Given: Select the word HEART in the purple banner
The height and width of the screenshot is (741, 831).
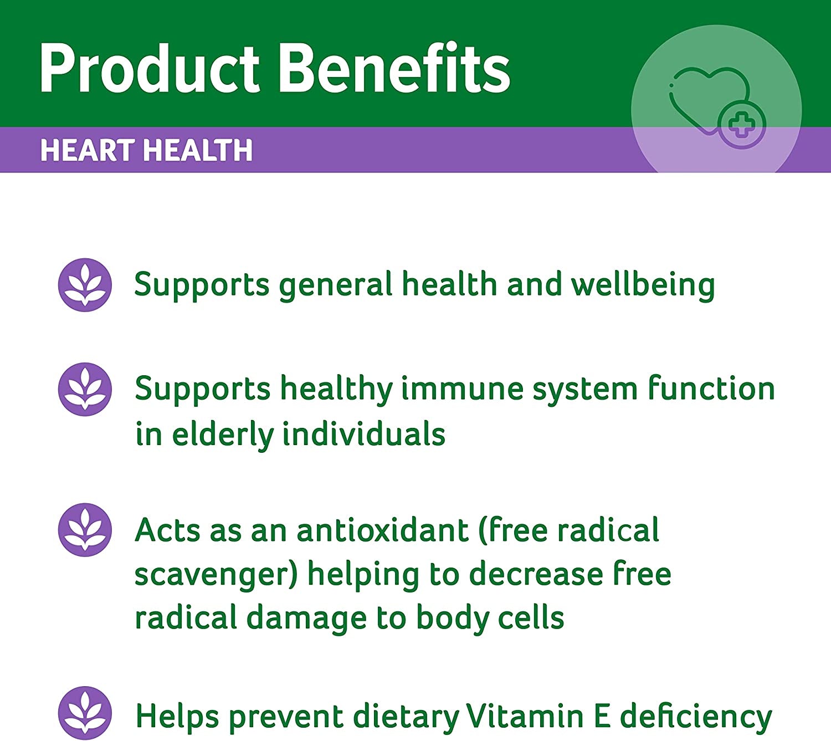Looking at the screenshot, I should coord(88,151).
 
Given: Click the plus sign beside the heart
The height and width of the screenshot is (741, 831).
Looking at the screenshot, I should coord(742,125).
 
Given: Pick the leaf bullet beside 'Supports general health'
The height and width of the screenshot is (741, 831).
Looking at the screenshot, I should coord(85,285).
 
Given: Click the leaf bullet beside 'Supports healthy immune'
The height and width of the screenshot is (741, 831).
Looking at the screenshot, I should coord(85,390).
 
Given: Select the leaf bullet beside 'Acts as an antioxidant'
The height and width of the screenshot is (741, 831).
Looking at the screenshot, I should coord(85,530).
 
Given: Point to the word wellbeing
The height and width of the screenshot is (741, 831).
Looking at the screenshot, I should coord(643,285).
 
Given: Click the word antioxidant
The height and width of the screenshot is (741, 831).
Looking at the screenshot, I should coord(383,530).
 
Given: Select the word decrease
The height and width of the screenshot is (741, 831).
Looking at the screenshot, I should coord(536,574).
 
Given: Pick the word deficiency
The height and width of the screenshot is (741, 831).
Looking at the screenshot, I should coord(696,717).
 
